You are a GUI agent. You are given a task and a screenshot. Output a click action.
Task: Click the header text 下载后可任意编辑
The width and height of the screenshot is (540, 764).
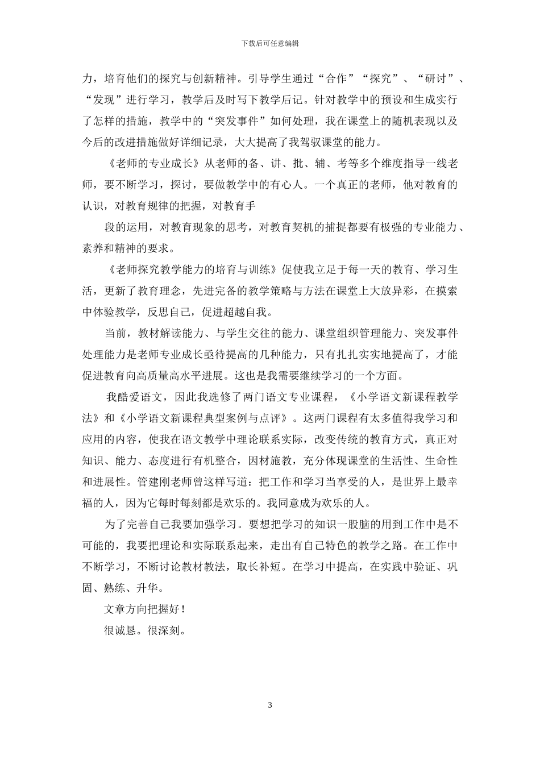[270, 43]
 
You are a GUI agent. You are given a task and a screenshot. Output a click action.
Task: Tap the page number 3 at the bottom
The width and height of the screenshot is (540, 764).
[270, 705]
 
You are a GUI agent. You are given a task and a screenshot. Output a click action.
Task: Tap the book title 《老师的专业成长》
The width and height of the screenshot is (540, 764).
[153, 164]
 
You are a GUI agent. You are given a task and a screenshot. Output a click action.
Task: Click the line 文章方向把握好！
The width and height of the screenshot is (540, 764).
[145, 609]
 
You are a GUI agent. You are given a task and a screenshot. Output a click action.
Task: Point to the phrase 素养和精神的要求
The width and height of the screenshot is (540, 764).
[128, 248]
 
